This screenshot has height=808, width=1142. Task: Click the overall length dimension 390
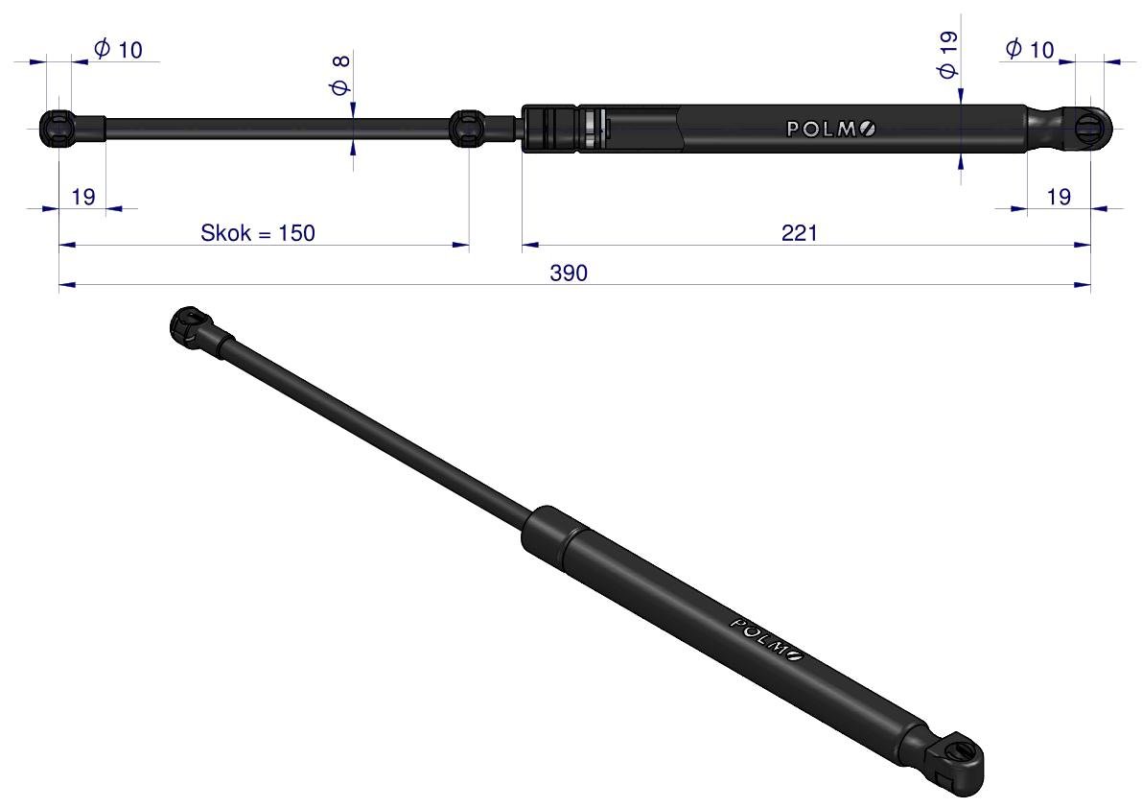tap(568, 273)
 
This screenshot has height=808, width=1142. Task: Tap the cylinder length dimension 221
tap(799, 233)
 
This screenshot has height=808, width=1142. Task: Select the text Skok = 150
tap(258, 233)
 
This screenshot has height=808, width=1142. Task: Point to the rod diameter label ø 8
tap(340, 75)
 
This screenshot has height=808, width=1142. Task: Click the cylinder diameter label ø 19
tap(947, 55)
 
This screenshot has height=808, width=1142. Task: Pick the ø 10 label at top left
tap(118, 50)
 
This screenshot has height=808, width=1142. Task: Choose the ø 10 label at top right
tap(1030, 50)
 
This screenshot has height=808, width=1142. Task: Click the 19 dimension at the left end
tap(83, 197)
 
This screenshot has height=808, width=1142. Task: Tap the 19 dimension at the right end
tap(1059, 197)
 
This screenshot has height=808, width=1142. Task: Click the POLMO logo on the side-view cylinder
tap(831, 129)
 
